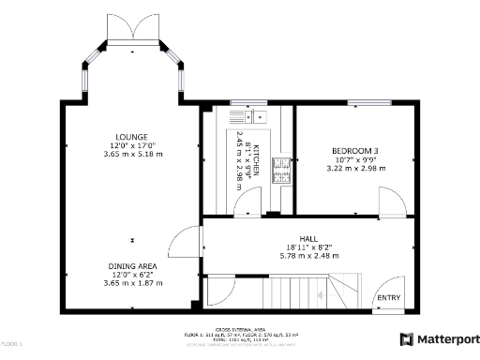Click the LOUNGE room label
click(132, 137)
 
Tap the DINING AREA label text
click(132, 266)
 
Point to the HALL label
click(308, 239)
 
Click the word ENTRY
click(387, 298)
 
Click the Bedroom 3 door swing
click(391, 202)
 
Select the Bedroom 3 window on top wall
click(363, 101)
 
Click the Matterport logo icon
click(407, 339)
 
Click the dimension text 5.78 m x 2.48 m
click(308, 255)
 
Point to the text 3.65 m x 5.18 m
click(132, 154)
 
